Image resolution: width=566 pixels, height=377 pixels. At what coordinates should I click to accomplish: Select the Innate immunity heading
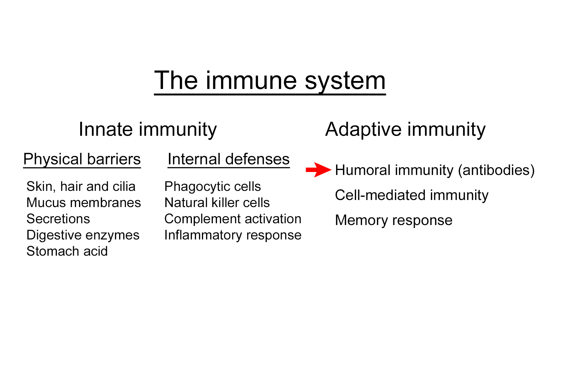point(148,129)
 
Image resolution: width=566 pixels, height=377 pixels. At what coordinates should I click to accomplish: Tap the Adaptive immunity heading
point(405,129)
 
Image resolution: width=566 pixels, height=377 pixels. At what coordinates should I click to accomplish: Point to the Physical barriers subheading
point(82,159)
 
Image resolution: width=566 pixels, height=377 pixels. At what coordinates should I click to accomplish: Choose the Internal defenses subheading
point(228,159)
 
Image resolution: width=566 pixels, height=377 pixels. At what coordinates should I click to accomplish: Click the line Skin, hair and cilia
point(81,186)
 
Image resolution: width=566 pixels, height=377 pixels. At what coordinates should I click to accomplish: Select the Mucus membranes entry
point(83,203)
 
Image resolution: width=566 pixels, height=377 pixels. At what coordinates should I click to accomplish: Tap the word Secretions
point(58,219)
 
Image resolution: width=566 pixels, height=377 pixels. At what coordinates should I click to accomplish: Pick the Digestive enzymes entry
point(83,235)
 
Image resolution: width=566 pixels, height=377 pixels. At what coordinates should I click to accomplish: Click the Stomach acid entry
point(67,251)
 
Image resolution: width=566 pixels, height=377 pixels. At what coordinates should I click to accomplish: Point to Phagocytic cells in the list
point(213,186)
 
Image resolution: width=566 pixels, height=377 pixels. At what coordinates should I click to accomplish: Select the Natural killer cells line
point(217,203)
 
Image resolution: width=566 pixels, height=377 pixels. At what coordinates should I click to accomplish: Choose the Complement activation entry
point(233,219)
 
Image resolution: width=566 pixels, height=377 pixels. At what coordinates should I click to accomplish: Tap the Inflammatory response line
point(233,235)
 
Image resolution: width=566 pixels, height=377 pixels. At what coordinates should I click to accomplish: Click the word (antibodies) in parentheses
point(496,170)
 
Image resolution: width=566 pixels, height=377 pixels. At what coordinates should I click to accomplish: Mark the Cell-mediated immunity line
point(412,195)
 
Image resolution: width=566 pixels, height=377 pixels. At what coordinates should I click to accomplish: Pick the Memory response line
point(394,220)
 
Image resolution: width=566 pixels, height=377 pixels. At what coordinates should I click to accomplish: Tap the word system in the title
point(345,81)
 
